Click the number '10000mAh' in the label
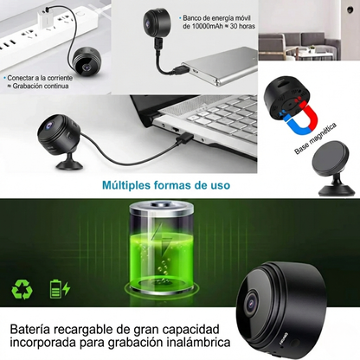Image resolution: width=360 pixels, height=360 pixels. point(201,27)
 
